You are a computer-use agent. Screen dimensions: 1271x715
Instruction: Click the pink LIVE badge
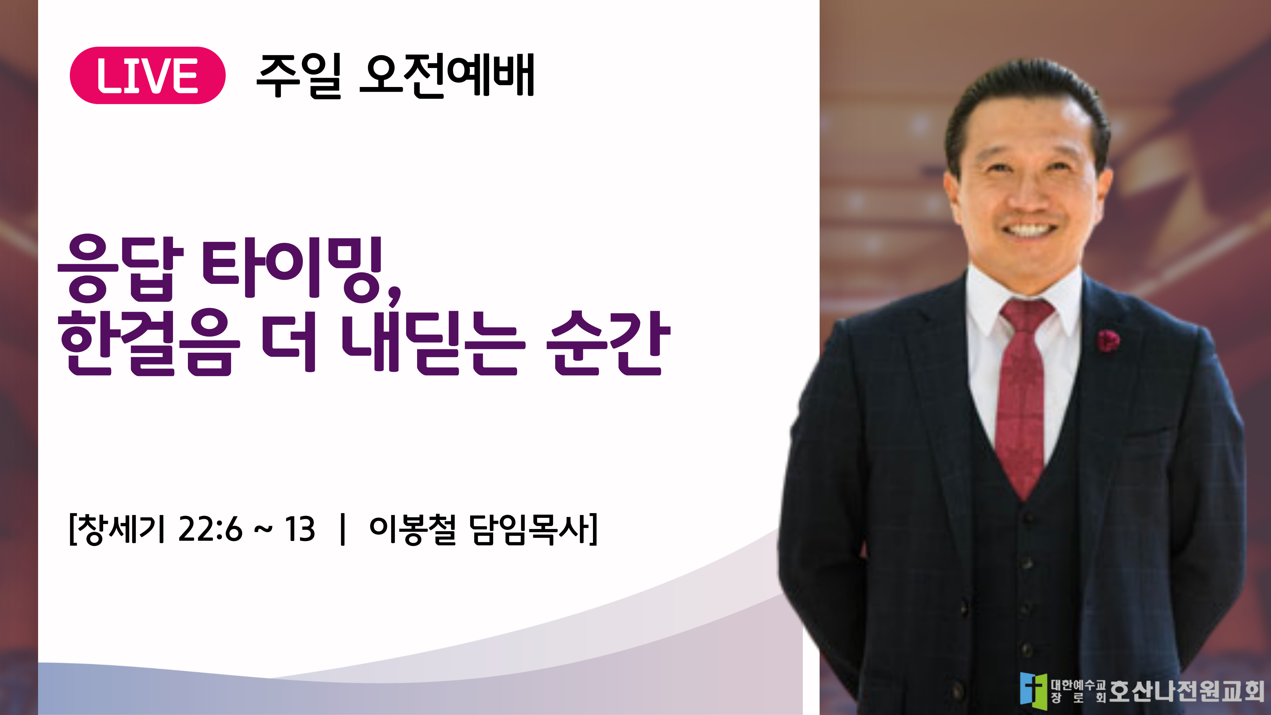click(148, 76)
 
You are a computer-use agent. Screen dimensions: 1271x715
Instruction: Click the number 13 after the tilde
click(299, 530)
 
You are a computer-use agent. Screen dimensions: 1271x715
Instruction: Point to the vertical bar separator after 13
click(343, 530)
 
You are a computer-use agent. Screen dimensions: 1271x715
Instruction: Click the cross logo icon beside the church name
click(1033, 691)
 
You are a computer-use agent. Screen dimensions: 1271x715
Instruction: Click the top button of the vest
click(1027, 518)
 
